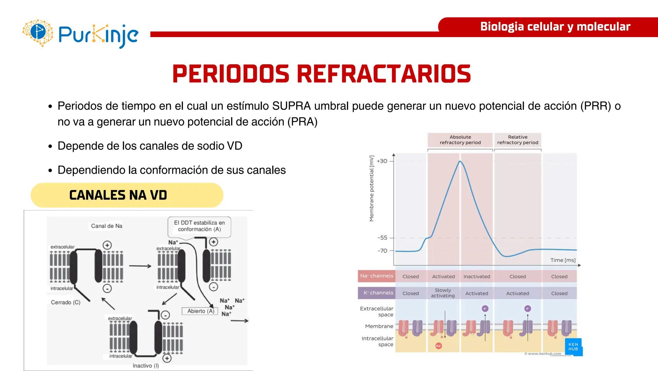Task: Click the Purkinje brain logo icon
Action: coord(38,33)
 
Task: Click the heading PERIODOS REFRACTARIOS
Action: coord(321,74)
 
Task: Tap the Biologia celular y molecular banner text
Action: coord(555,27)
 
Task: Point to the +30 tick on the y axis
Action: coord(382,161)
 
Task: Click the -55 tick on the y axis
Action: coord(382,238)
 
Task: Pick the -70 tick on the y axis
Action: coord(382,251)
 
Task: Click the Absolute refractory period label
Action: coord(460,140)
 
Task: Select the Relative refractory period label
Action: coord(517,140)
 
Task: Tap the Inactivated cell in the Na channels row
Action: coord(477,277)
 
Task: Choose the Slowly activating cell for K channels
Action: coord(443,293)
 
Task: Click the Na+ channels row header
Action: coord(376,276)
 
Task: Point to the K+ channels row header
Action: coord(378,293)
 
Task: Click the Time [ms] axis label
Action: coord(563,260)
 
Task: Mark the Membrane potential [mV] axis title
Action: coord(371,189)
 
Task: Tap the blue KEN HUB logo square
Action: coord(573,347)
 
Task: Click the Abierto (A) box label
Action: coord(201,311)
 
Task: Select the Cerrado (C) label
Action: coord(65,302)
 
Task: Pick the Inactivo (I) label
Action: coord(146,366)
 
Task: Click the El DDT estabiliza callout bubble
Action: coord(199,226)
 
